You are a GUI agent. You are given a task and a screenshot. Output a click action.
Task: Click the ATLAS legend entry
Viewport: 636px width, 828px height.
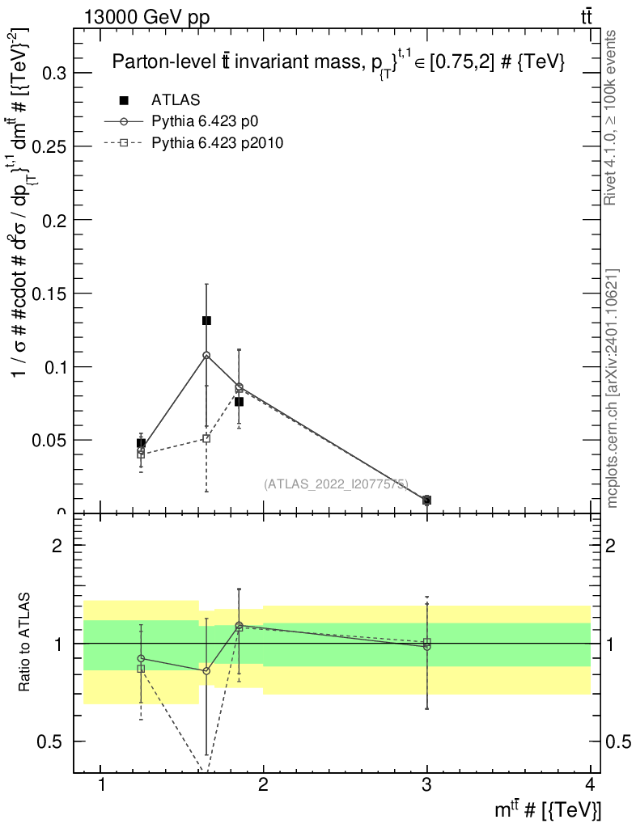[176, 100]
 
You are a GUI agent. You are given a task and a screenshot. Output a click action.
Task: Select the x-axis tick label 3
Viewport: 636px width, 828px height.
[426, 785]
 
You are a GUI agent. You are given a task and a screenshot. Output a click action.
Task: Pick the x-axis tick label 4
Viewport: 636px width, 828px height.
[590, 785]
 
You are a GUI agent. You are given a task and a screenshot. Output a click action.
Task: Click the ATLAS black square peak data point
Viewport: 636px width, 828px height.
[206, 321]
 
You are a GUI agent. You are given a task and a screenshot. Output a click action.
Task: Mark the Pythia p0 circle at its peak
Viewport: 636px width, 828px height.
[206, 355]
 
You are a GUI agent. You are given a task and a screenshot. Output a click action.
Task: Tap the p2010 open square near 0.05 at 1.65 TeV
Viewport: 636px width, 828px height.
[206, 438]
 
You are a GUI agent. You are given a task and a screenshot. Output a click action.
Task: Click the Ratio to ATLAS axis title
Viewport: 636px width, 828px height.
[26, 643]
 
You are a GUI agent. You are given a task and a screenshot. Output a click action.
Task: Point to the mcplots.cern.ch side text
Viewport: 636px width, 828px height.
[613, 389]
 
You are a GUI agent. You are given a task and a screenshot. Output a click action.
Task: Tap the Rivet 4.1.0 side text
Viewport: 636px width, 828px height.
[613, 117]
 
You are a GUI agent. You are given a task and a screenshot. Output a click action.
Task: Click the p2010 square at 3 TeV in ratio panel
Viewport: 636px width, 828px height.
[427, 642]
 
